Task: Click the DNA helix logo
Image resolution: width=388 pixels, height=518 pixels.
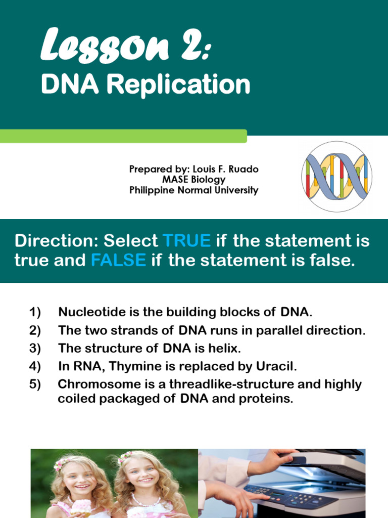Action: point(336,177)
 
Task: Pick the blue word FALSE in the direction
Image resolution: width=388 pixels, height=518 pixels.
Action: point(118,261)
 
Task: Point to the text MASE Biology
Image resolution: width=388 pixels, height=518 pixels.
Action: point(193,180)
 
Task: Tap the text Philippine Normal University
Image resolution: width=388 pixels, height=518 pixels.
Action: point(193,190)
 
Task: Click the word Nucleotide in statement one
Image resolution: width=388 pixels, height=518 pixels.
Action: point(87,312)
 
